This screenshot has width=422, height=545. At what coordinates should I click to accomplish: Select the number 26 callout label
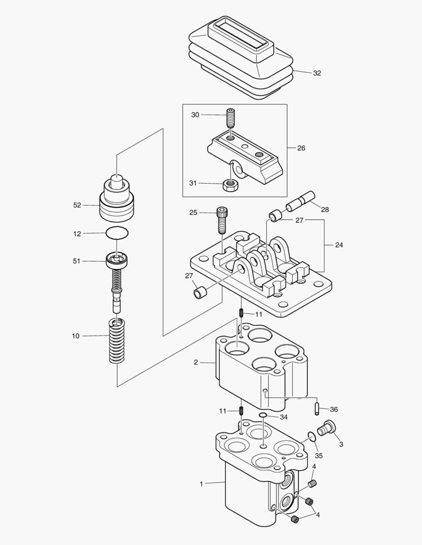pyautogui.click(x=301, y=148)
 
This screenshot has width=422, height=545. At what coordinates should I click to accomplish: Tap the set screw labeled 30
pyautogui.click(x=230, y=119)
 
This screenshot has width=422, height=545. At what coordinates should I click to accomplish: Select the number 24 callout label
pyautogui.click(x=339, y=245)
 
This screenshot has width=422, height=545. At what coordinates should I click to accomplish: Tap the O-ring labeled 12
pyautogui.click(x=117, y=233)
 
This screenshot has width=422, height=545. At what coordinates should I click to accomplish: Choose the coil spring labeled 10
pyautogui.click(x=117, y=342)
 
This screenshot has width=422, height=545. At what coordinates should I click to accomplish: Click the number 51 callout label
pyautogui.click(x=77, y=261)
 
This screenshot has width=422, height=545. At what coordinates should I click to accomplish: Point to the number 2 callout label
pyautogui.click(x=196, y=362)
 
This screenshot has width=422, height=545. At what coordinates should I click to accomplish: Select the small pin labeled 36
pyautogui.click(x=317, y=408)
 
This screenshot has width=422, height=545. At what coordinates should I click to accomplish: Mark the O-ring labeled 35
pyautogui.click(x=312, y=437)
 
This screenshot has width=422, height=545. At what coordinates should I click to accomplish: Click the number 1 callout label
pyautogui.click(x=201, y=484)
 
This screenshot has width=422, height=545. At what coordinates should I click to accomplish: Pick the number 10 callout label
pyautogui.click(x=76, y=336)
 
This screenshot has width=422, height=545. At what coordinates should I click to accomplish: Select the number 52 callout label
pyautogui.click(x=77, y=205)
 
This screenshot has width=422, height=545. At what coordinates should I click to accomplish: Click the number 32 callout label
pyautogui.click(x=316, y=73)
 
